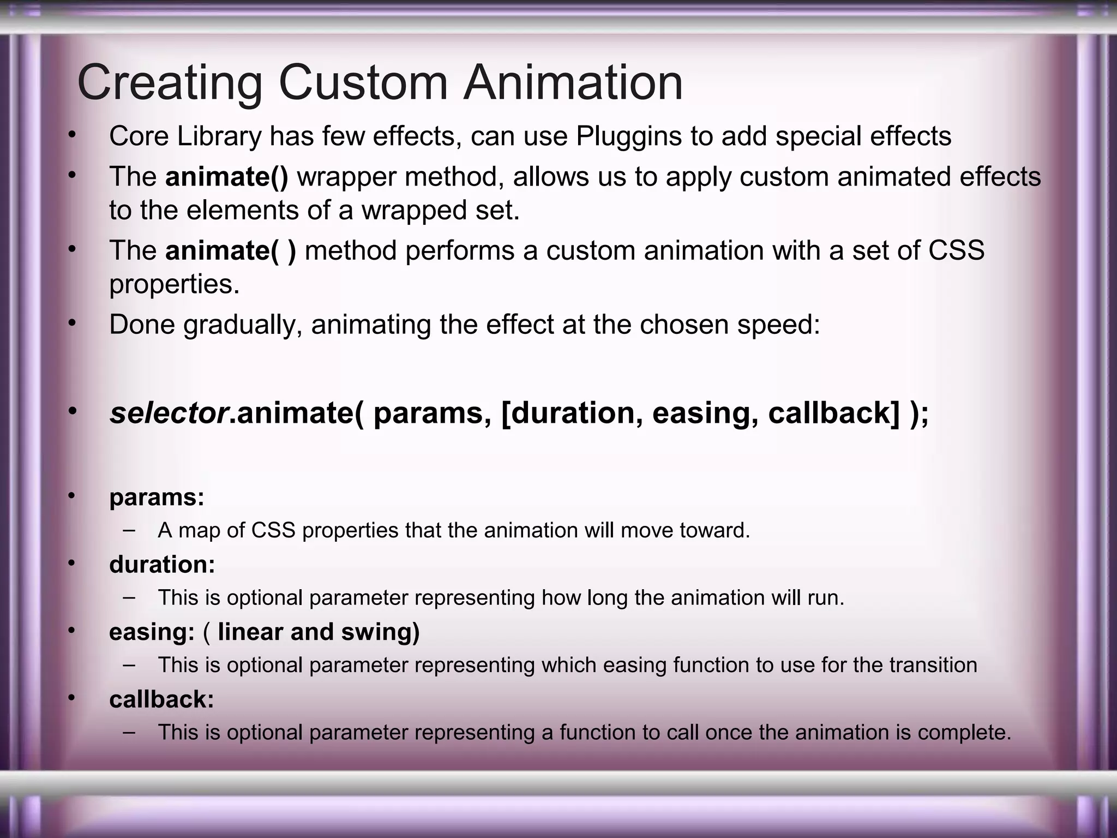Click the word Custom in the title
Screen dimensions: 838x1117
point(363,83)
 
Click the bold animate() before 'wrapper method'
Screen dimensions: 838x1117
point(227,177)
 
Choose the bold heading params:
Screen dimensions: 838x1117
point(157,498)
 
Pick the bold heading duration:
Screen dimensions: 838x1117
point(162,565)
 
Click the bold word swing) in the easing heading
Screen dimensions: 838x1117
point(380,632)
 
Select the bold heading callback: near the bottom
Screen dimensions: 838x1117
point(161,699)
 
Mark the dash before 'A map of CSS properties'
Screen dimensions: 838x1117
point(129,529)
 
